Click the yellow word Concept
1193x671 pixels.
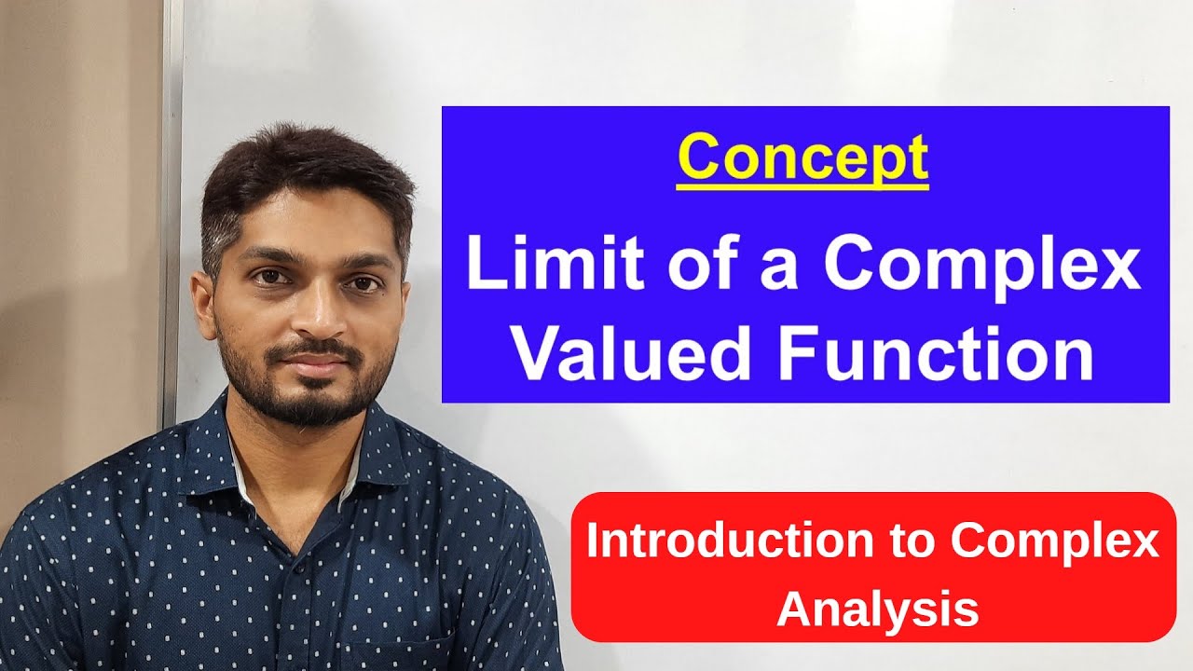tap(802, 157)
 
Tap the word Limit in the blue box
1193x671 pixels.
tap(525, 266)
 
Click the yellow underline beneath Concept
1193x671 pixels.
tap(802, 186)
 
